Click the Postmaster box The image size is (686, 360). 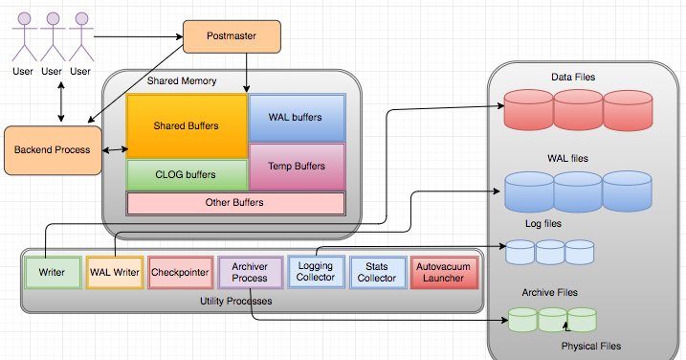click(232, 37)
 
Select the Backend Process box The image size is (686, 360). click(53, 149)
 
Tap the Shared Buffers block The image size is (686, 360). click(186, 125)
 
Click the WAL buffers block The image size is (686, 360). click(297, 118)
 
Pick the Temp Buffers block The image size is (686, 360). click(297, 167)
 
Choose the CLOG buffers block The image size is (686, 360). click(186, 175)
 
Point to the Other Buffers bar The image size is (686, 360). click(235, 203)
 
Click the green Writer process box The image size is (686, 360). click(52, 272)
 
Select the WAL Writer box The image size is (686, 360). click(114, 272)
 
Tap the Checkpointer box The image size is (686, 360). click(180, 272)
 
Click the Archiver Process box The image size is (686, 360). click(250, 272)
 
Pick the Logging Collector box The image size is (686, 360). click(316, 272)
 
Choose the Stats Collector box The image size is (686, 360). click(376, 272)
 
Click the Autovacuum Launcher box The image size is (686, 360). click(443, 272)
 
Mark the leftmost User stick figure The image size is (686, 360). click(23, 39)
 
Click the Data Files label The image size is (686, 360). click(574, 77)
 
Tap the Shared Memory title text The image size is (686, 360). click(182, 81)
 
